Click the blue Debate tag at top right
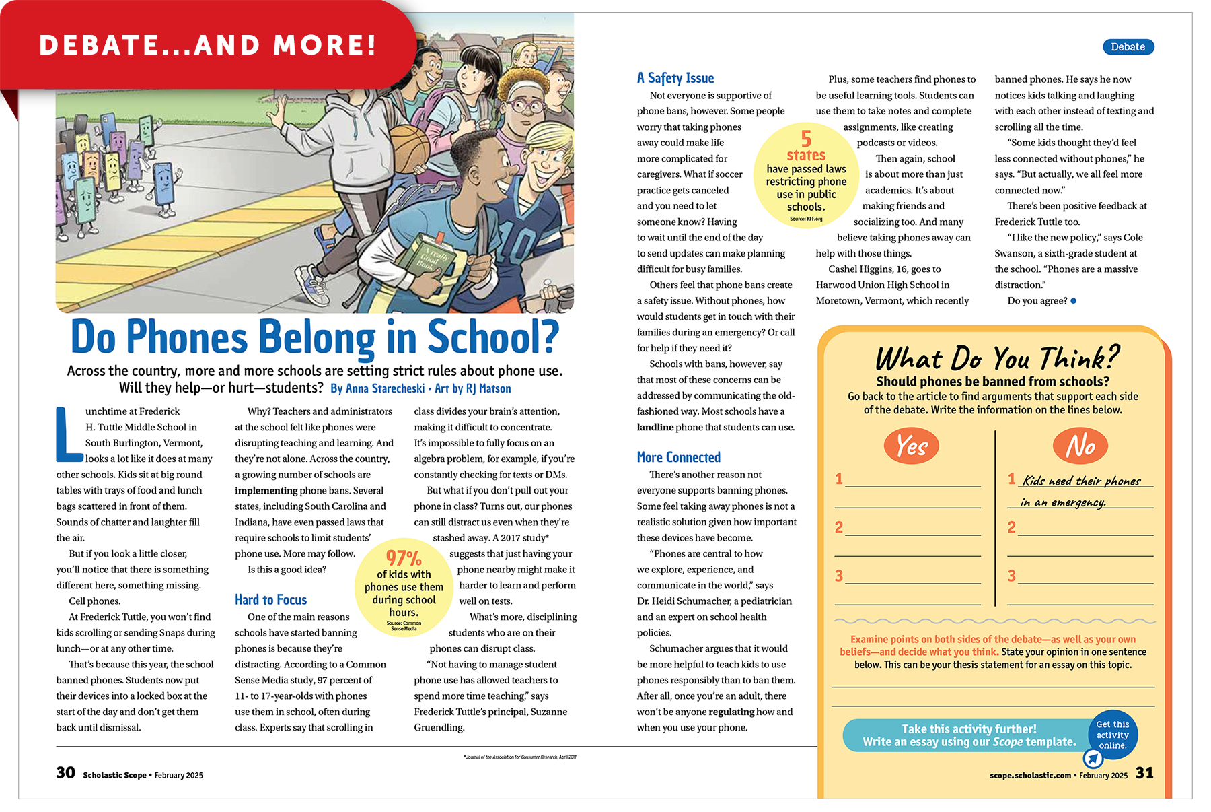[x=1128, y=47]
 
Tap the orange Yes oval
[x=911, y=446]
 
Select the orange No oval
[x=1080, y=446]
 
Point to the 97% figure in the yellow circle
[x=404, y=558]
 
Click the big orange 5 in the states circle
[x=806, y=139]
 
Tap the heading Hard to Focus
[x=270, y=600]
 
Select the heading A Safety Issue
[x=675, y=78]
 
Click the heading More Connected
[x=678, y=458]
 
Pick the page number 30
[x=65, y=773]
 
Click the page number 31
[x=1144, y=773]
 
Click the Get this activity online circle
[x=1112, y=735]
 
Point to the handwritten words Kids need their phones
[x=1081, y=481]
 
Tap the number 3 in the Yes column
[x=839, y=576]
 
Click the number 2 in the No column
[x=1011, y=527]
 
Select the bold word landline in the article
[x=655, y=428]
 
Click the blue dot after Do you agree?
[x=1073, y=301]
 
